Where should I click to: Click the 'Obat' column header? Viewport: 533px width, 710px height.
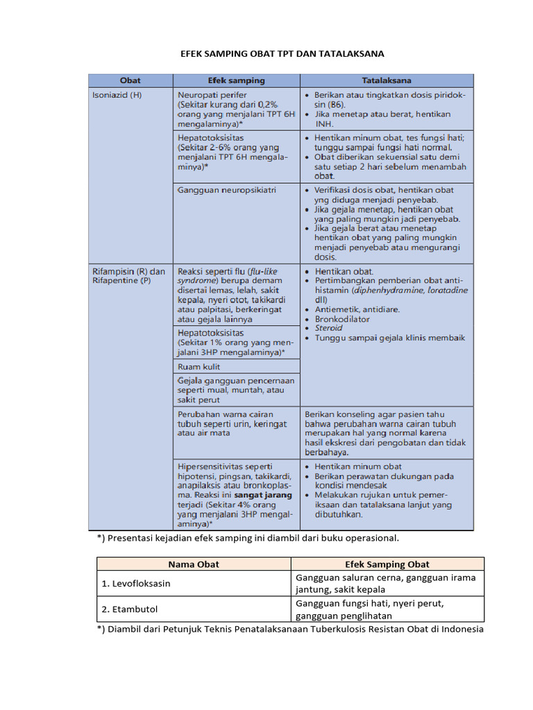click(130, 80)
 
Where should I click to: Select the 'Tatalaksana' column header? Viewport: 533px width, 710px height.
click(387, 80)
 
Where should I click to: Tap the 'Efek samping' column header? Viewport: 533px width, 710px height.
click(236, 80)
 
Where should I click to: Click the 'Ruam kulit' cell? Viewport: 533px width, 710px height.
click(201, 366)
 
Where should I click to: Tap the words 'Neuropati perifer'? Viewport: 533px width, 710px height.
click(212, 95)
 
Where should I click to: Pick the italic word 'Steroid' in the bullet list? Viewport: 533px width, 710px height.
click(328, 328)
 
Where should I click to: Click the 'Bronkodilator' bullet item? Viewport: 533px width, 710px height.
click(342, 319)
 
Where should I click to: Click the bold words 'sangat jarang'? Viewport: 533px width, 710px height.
click(263, 496)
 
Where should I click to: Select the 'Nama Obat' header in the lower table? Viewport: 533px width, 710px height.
click(193, 564)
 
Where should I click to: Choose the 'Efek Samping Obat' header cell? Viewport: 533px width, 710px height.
click(387, 564)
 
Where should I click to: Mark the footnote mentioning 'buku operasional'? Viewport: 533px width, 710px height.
click(248, 537)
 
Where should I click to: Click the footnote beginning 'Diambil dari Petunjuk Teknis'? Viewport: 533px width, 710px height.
click(290, 629)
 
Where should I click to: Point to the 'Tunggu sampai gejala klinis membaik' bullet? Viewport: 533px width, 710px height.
click(389, 338)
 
